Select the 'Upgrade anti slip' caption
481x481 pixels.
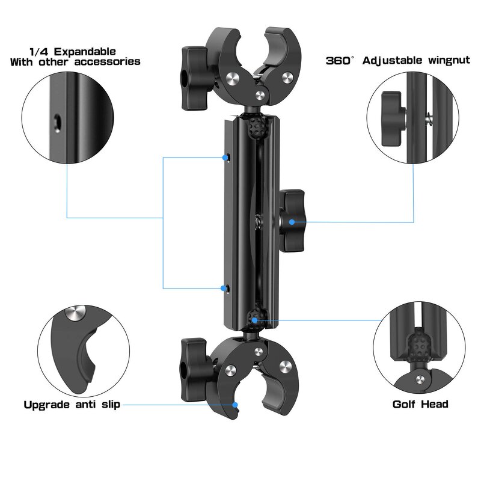click(72, 405)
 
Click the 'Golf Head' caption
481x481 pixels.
click(420, 404)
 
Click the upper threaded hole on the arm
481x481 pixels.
click(229, 158)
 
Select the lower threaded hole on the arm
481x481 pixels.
click(229, 289)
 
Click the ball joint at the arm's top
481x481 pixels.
click(257, 127)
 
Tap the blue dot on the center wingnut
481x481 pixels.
click(291, 222)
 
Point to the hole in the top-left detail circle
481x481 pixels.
click(56, 121)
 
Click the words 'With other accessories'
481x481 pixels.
click(75, 62)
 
